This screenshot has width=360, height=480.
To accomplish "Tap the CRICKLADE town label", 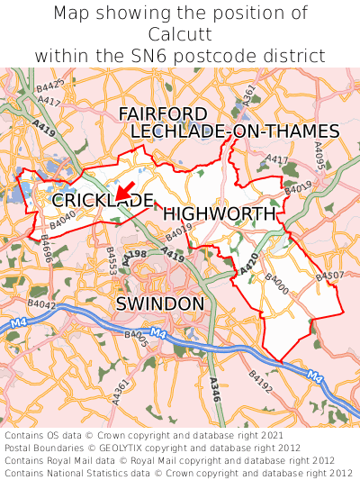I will click(x=102, y=200).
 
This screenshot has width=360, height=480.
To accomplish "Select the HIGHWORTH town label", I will click(x=219, y=214).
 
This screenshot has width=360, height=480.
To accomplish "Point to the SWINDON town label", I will click(x=160, y=303).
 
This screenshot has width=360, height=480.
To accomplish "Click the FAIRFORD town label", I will click(x=163, y=114).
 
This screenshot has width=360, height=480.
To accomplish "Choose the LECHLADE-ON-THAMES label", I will click(x=235, y=131).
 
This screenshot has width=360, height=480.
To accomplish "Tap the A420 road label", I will click(x=249, y=263).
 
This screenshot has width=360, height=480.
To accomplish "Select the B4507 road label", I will click(x=330, y=275).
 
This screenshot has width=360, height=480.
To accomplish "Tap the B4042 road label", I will click(x=42, y=306).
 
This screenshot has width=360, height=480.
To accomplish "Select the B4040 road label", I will click(x=63, y=220).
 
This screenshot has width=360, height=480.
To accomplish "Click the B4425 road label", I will click(x=50, y=87).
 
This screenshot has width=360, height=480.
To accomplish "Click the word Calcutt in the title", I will click(x=180, y=34).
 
